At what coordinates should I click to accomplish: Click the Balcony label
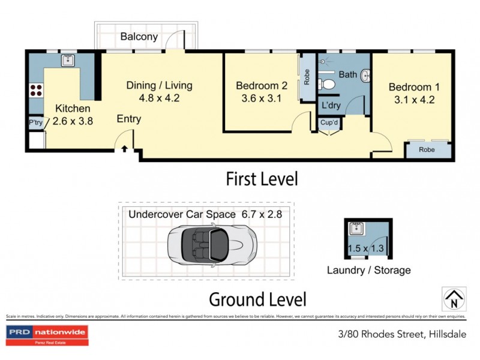click(139, 37)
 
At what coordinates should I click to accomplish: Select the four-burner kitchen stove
click(37, 91)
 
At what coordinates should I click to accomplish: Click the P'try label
click(35, 123)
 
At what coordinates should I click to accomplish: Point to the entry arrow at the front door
click(125, 149)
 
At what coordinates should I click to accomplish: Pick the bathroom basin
click(364, 76)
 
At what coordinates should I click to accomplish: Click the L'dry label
click(332, 106)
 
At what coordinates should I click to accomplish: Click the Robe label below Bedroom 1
click(427, 149)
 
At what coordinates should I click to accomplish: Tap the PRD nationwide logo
click(47, 334)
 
